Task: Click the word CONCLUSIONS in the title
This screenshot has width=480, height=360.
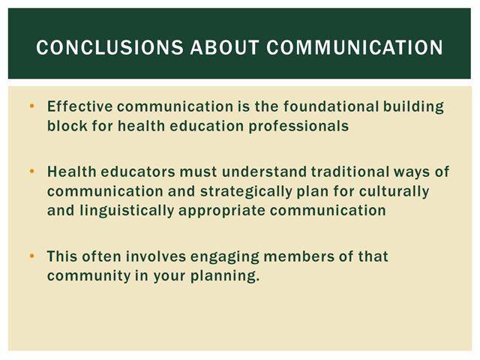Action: tap(109, 47)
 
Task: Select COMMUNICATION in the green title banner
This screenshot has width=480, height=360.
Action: tap(355, 47)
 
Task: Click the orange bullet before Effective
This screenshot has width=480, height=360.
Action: tap(31, 106)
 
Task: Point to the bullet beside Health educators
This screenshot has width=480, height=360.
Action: tap(31, 172)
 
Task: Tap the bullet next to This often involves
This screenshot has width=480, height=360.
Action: tap(31, 256)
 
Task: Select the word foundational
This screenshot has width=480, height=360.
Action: tap(331, 106)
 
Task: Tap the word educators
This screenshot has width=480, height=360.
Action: tap(138, 172)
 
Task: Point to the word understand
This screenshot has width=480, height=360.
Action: tap(265, 172)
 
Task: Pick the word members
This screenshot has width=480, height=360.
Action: tap(299, 256)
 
